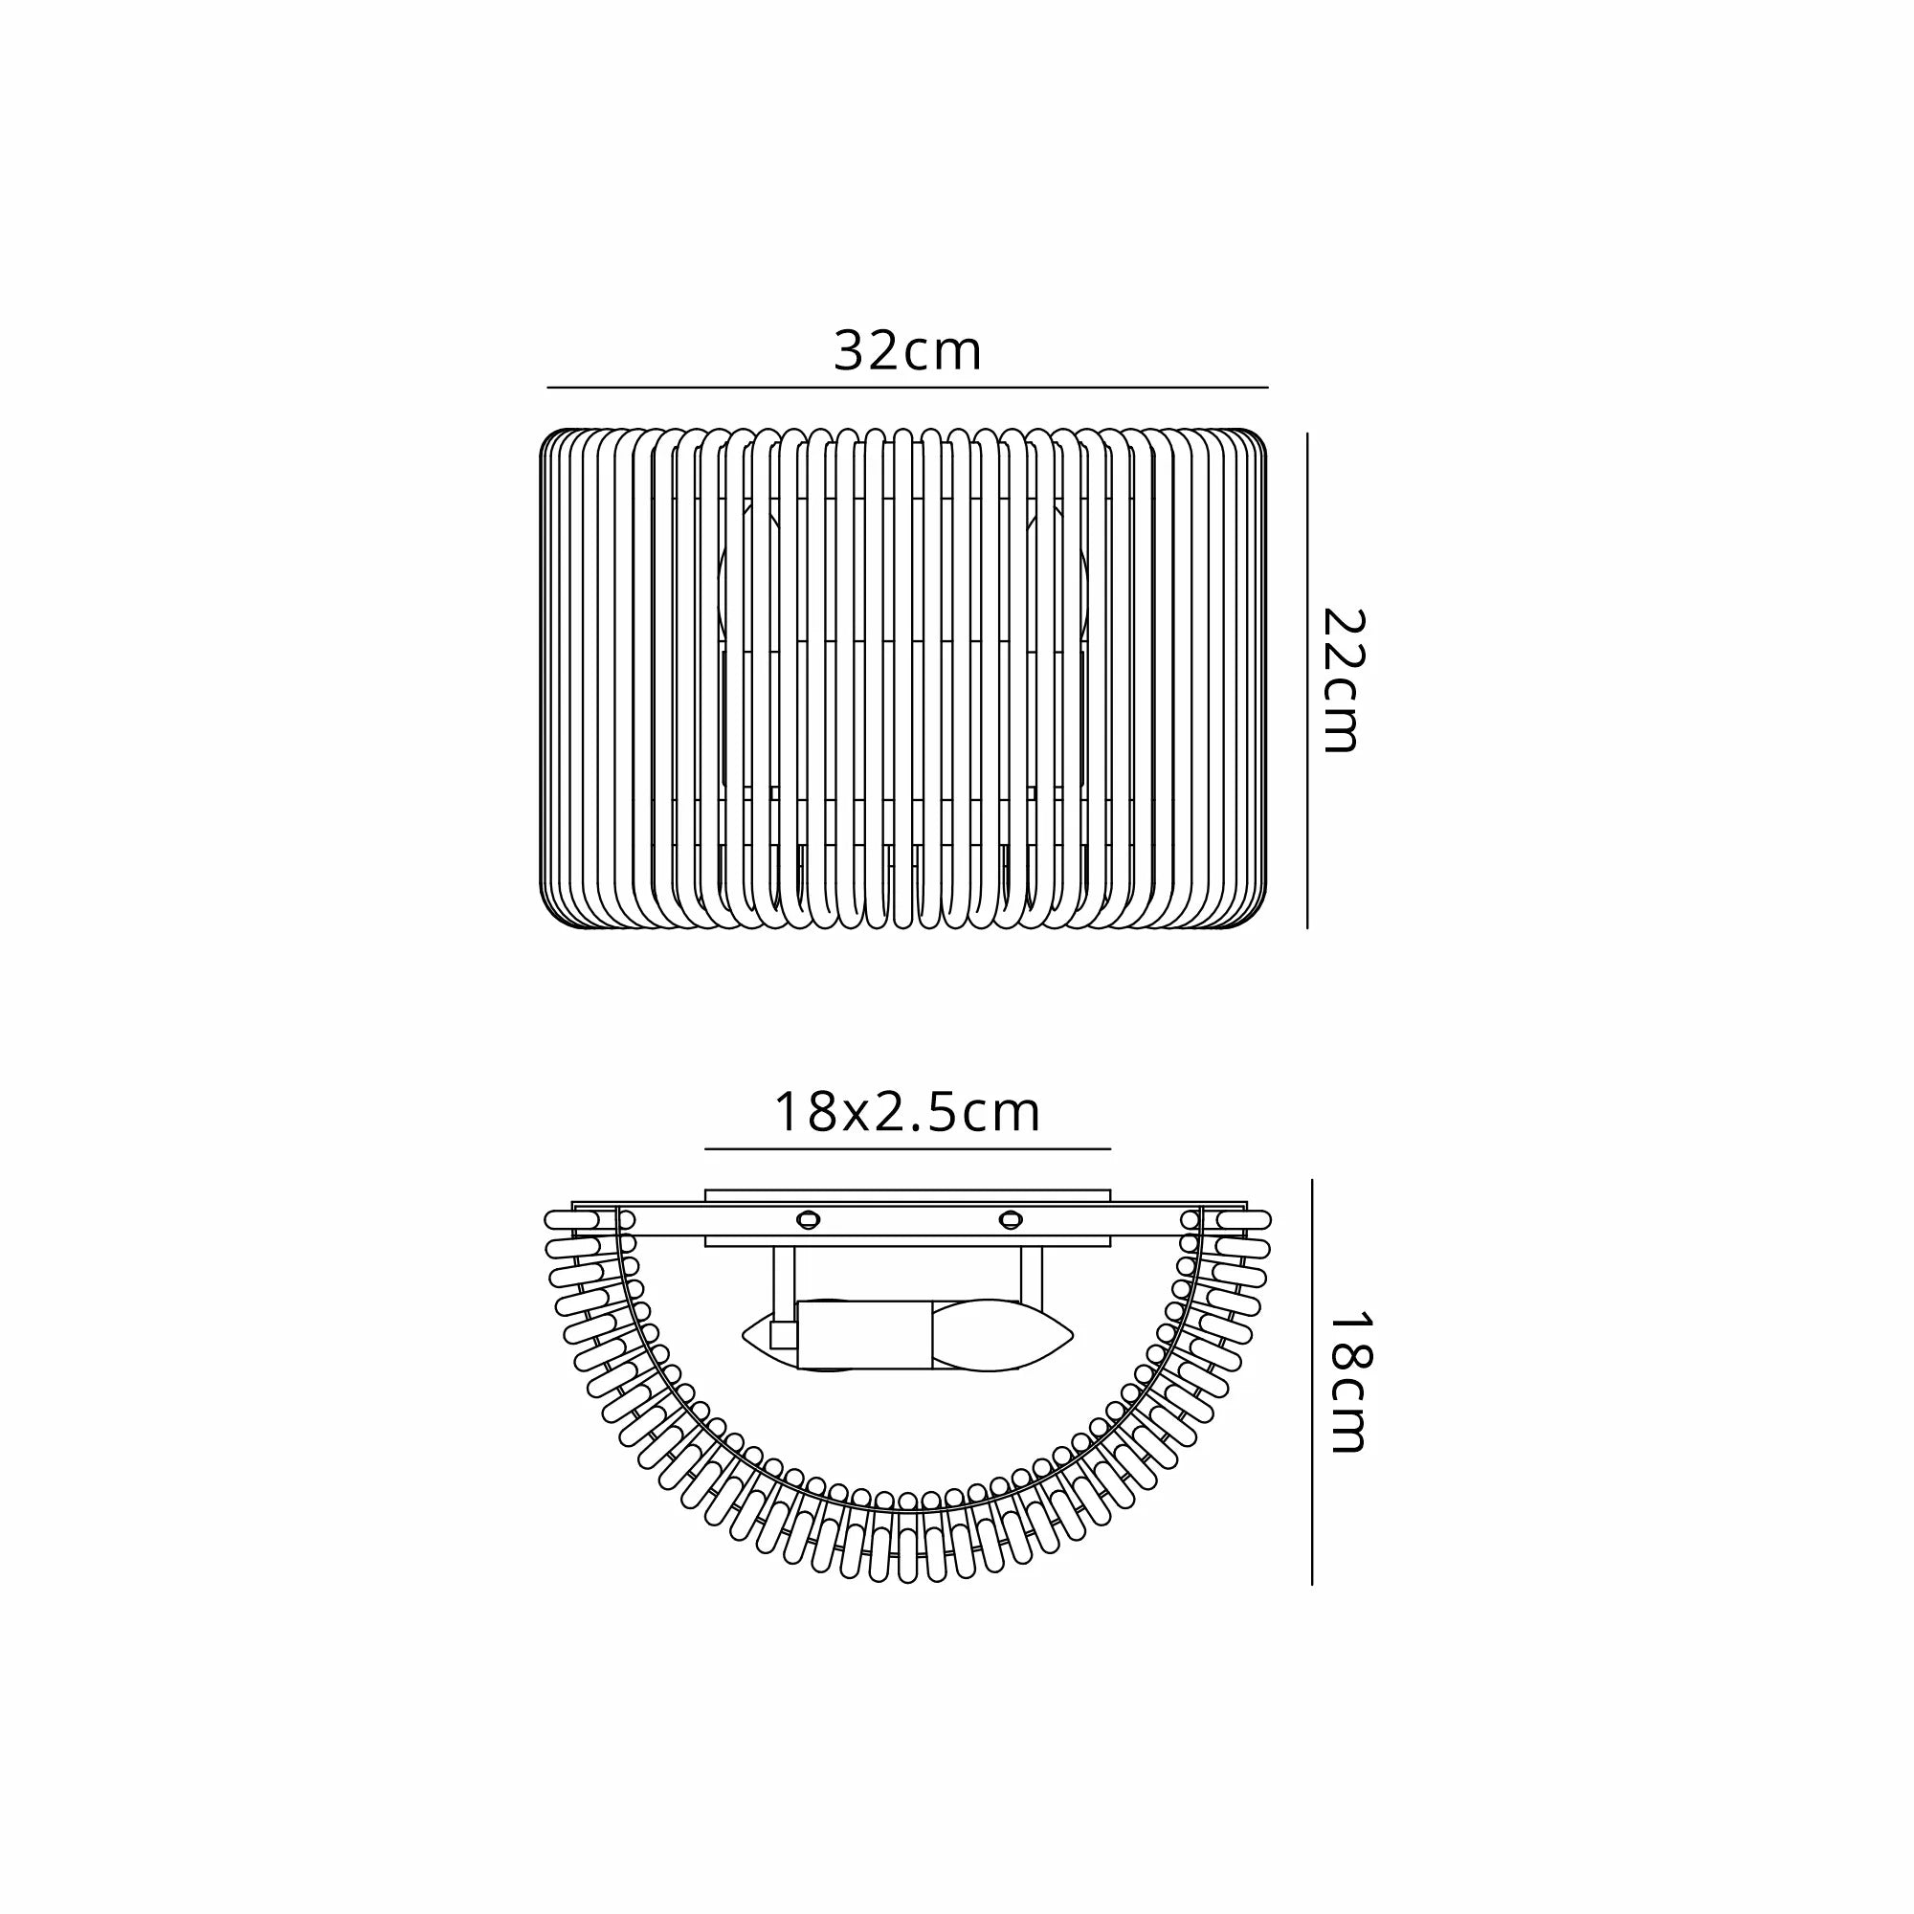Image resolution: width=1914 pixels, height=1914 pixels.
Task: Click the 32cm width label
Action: tap(907, 350)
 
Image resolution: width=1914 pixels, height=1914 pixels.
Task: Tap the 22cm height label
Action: tap(1345, 680)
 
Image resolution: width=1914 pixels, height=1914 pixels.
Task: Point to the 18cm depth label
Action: tap(1347, 1383)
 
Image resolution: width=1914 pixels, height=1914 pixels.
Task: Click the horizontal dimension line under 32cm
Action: tap(907, 387)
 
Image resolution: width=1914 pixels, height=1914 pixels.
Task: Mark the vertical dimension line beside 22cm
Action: tap(1307, 680)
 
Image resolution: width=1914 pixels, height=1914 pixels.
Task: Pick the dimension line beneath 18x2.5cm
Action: tap(907, 1149)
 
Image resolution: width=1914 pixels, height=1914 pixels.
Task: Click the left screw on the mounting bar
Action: tap(810, 1217)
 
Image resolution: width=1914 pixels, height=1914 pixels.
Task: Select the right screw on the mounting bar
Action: tap(1010, 1217)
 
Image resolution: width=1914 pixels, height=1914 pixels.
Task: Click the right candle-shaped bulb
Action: tap(1001, 1335)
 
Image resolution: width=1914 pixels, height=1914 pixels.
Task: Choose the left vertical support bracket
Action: tap(784, 1278)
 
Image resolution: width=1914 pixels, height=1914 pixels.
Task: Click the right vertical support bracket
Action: tap(1032, 1278)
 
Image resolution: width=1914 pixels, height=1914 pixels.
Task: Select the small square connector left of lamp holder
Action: tap(780, 1335)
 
